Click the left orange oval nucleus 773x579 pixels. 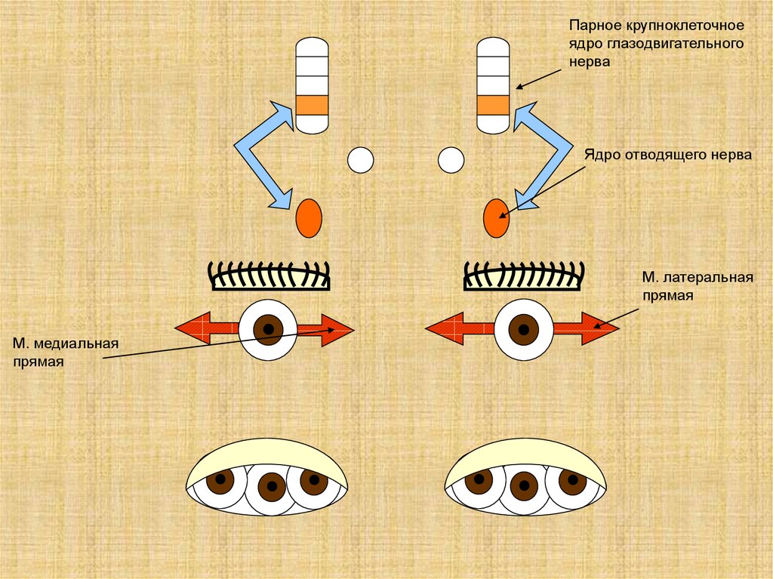(x=308, y=219)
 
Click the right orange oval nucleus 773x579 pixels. (x=495, y=218)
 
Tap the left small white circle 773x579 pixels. (x=360, y=160)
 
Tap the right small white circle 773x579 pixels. (x=451, y=160)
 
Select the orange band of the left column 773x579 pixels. (x=312, y=105)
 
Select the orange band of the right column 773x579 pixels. (x=493, y=105)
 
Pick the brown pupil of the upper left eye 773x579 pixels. (x=267, y=329)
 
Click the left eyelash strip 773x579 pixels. (x=269, y=276)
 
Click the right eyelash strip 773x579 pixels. (x=524, y=276)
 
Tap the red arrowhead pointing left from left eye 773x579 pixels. (x=187, y=328)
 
